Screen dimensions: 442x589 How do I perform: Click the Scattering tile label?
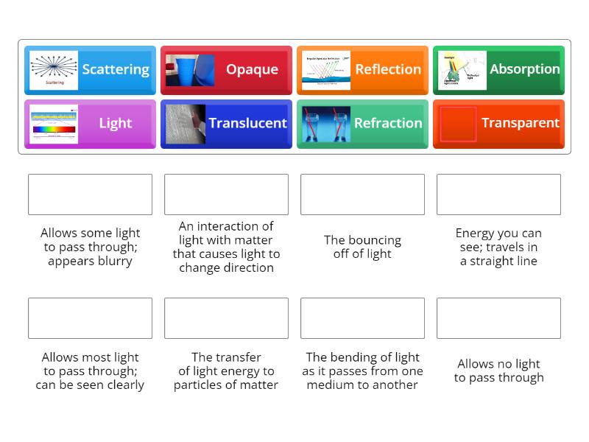click(116, 70)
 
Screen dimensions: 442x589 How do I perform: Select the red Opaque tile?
click(226, 70)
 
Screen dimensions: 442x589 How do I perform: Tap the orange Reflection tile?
click(362, 70)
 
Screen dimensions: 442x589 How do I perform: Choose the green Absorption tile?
click(498, 70)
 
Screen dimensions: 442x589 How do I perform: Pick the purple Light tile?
click(90, 124)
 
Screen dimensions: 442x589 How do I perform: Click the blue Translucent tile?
click(226, 124)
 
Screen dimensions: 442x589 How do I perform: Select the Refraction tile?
click(362, 124)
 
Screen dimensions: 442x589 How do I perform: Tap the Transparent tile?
click(498, 124)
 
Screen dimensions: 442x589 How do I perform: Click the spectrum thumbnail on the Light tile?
click(54, 124)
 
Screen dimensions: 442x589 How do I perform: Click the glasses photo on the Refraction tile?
click(326, 124)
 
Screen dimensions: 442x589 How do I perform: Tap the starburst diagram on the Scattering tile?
click(54, 70)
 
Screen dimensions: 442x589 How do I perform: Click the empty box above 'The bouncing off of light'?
click(362, 194)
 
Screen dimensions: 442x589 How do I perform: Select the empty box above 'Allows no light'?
click(498, 318)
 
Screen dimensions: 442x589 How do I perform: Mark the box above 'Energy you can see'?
click(498, 194)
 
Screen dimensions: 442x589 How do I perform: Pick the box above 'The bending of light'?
click(362, 318)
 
